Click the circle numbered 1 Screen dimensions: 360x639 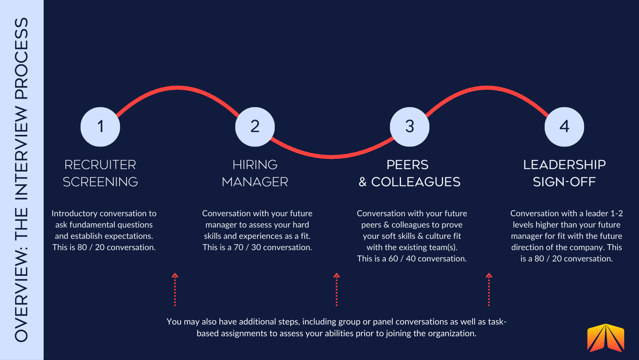(x=100, y=127)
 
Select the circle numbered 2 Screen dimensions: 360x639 (x=255, y=127)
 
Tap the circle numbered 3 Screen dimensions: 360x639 (x=410, y=127)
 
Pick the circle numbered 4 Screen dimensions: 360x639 (x=564, y=127)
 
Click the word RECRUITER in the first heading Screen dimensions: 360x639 (x=100, y=165)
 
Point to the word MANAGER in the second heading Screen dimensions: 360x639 (x=255, y=182)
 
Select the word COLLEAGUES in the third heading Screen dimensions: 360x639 (x=416, y=182)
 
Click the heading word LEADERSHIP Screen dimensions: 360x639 (x=564, y=165)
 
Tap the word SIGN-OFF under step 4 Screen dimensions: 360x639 (x=564, y=182)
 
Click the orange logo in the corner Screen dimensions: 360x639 (x=605, y=338)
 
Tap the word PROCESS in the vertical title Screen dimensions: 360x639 (x=22, y=58)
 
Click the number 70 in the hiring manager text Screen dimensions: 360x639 (x=238, y=247)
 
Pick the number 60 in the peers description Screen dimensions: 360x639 (x=393, y=259)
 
